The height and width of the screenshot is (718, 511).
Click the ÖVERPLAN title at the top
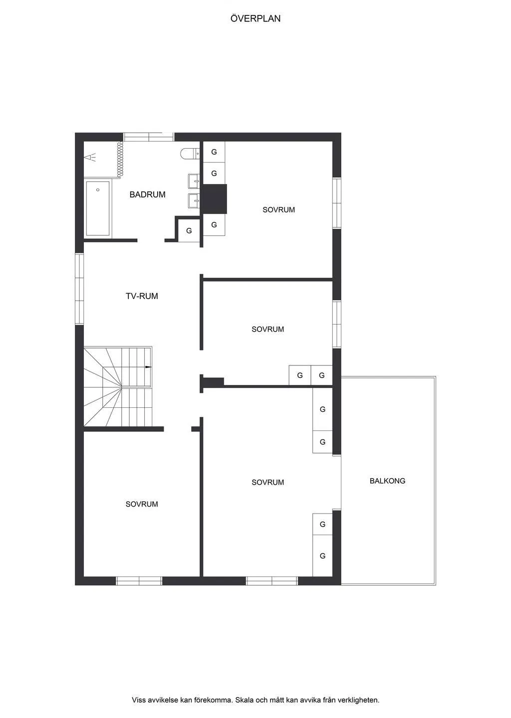[255, 18]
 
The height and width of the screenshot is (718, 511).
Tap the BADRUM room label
[147, 194]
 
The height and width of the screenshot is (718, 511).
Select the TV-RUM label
[142, 296]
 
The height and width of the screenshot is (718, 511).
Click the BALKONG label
[387, 481]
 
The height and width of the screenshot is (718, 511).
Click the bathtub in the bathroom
[98, 208]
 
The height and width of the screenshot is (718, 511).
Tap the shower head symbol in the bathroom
[90, 158]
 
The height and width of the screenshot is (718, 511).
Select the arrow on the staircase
[148, 367]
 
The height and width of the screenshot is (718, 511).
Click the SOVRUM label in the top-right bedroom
[278, 210]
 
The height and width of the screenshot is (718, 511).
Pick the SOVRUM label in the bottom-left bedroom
[142, 504]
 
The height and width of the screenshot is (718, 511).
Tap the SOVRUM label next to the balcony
[267, 482]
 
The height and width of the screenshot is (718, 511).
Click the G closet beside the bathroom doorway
[189, 231]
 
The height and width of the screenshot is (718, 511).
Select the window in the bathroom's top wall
[149, 137]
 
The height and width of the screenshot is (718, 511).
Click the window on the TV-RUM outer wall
[79, 289]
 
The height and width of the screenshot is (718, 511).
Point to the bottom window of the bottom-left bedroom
[139, 580]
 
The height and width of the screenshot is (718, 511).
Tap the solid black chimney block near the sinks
[215, 199]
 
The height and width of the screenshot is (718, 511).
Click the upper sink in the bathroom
[194, 180]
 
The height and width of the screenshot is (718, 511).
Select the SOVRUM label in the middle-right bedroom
[267, 329]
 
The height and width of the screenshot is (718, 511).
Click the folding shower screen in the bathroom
[120, 159]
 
